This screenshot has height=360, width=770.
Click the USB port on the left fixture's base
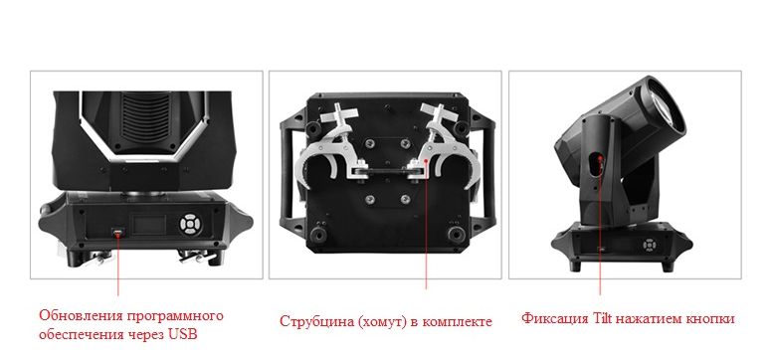(117, 231)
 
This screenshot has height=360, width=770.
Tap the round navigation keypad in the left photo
(190, 225)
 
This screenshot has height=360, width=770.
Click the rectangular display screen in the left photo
(149, 225)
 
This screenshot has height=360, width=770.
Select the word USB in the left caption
(182, 335)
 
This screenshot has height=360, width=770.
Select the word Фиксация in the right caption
(554, 319)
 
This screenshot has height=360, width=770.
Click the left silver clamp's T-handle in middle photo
(339, 114)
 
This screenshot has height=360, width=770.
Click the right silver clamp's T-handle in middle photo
(437, 114)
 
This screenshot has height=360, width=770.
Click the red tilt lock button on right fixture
(600, 159)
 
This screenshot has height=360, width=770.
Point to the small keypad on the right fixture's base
(650, 245)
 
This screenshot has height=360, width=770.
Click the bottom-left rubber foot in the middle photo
(318, 235)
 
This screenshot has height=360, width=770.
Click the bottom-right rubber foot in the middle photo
(456, 234)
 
